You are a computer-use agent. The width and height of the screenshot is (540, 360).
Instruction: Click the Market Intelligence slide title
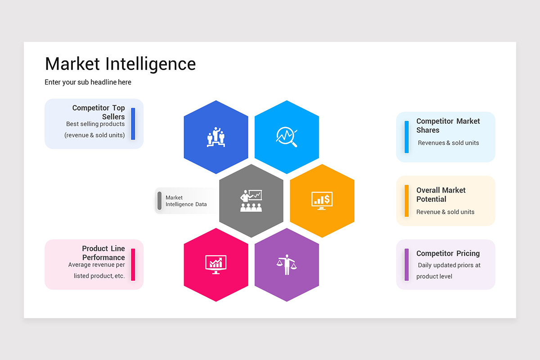tap(120, 64)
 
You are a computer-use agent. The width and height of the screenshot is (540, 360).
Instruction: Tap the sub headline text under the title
tap(88, 82)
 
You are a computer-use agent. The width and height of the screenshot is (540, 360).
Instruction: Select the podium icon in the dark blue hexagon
tap(216, 137)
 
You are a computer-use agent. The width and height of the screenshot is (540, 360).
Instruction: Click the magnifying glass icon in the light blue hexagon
tap(287, 137)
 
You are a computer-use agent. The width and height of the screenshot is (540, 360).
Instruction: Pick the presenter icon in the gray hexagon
tap(251, 201)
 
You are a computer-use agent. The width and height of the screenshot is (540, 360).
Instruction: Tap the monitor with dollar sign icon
tap(322, 201)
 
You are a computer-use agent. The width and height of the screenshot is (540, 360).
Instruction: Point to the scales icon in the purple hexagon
tap(287, 265)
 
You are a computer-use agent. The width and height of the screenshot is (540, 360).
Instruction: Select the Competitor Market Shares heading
tap(448, 126)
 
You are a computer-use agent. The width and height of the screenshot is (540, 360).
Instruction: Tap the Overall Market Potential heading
tap(441, 195)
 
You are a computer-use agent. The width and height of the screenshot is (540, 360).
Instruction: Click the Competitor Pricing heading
tap(448, 253)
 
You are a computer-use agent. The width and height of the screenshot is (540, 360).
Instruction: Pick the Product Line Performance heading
tap(104, 253)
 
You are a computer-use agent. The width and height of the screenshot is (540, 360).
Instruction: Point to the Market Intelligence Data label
tap(186, 201)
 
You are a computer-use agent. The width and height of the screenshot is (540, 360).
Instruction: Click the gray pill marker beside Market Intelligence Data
tap(159, 201)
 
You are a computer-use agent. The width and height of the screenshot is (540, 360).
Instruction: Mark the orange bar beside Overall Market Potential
tap(407, 201)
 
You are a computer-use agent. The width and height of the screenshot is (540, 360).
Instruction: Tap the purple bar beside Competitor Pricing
tap(407, 265)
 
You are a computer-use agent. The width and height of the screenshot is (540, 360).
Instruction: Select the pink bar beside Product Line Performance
tap(133, 265)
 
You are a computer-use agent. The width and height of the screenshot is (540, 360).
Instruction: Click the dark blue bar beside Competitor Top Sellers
tap(133, 124)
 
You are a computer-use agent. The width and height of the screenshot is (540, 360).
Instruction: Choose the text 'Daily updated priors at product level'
tap(448, 271)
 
